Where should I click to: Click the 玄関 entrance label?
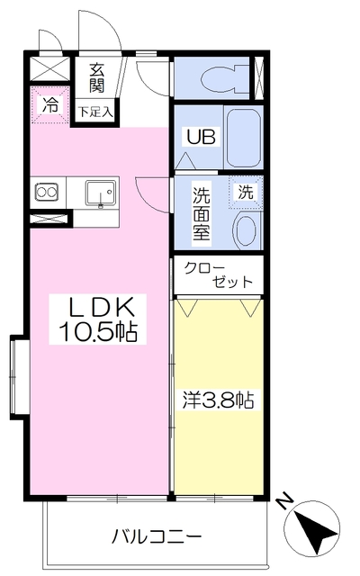pos(97,78)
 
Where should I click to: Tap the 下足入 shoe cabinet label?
pos(95,112)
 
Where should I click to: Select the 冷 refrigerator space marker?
pos(49,104)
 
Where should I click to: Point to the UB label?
pos(201,137)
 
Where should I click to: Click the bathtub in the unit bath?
pos(243,138)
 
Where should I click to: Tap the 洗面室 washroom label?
pos(202,214)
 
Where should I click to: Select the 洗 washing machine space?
pos(246,192)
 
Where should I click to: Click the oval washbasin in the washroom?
pos(246,230)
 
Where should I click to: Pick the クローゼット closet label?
pos(218,274)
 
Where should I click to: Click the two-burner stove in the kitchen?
pos(47,192)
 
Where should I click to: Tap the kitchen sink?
pos(100,193)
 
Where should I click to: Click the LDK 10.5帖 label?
pos(98,319)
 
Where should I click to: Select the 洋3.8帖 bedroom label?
pos(218,400)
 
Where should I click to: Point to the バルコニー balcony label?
pos(157,537)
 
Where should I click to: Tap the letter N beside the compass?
pos(285,502)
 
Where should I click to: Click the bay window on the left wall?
pos(20,377)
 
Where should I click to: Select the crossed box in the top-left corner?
pos(49,68)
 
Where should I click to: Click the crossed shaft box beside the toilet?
pos(259,78)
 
